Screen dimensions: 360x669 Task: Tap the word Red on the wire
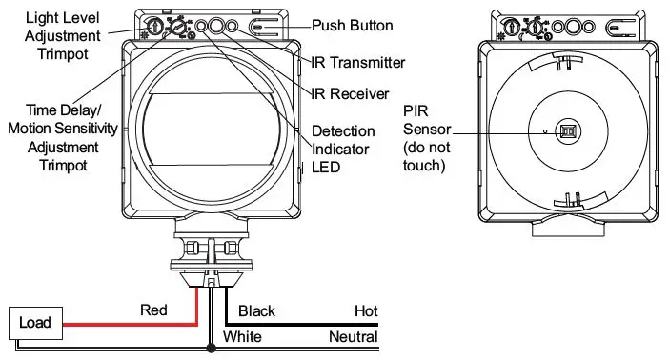[153, 310]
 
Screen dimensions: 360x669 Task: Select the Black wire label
[256, 311]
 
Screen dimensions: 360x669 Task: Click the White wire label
[242, 337]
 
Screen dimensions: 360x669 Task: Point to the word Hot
[366, 311]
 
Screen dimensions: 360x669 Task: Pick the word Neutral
[353, 337]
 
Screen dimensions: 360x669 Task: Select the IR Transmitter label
[358, 62]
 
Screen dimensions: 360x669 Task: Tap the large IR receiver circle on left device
[218, 27]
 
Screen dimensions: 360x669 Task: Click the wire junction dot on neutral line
[210, 349]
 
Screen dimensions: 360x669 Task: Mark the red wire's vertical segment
[196, 306]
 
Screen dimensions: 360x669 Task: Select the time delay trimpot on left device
[175, 29]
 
